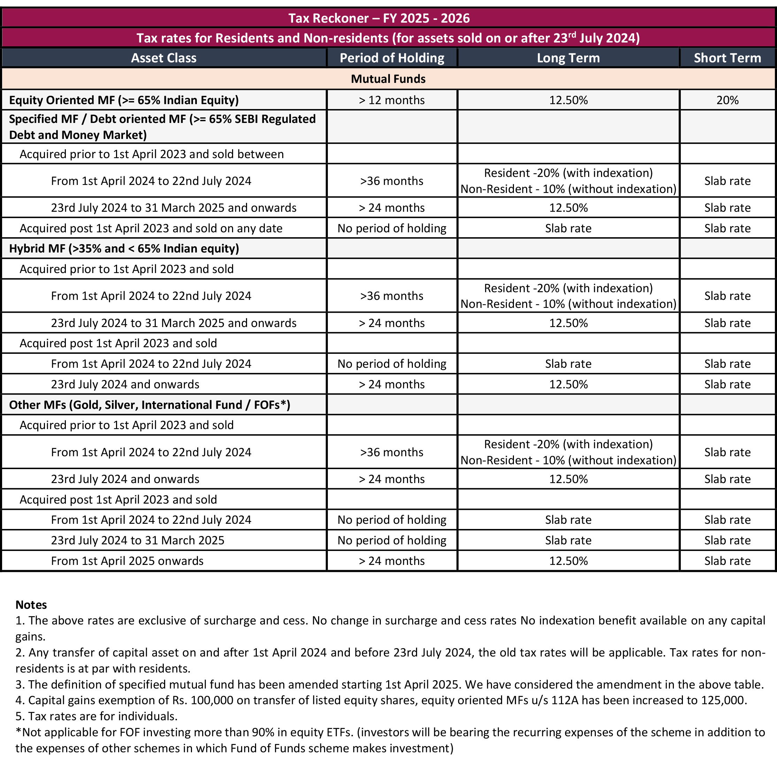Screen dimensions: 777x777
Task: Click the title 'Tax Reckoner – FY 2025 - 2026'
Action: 379,18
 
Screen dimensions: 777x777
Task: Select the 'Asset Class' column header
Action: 163,58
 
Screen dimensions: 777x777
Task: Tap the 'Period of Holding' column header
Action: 392,58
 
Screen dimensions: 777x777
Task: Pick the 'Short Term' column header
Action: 727,58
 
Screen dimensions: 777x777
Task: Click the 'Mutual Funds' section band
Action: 388,79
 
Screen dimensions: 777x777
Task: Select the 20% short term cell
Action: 727,100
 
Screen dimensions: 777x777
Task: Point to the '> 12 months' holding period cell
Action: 392,100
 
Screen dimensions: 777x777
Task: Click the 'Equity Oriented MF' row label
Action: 124,100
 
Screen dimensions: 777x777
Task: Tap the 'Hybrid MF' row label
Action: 124,249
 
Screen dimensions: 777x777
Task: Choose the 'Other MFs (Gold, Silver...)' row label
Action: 149,405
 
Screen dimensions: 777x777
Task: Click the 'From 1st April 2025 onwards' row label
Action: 127,561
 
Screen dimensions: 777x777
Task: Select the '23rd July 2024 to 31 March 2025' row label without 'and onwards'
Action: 137,540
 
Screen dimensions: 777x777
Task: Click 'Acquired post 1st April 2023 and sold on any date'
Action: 151,228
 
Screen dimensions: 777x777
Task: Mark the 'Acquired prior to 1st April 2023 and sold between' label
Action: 151,154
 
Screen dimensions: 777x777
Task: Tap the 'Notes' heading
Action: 31,605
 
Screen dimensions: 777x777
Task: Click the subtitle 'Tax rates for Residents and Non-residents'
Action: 387,38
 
